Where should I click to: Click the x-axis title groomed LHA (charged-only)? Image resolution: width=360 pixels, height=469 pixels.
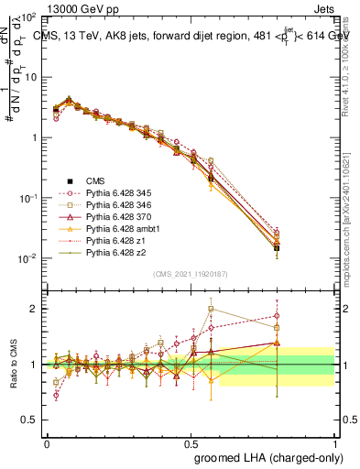[x=269, y=457]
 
